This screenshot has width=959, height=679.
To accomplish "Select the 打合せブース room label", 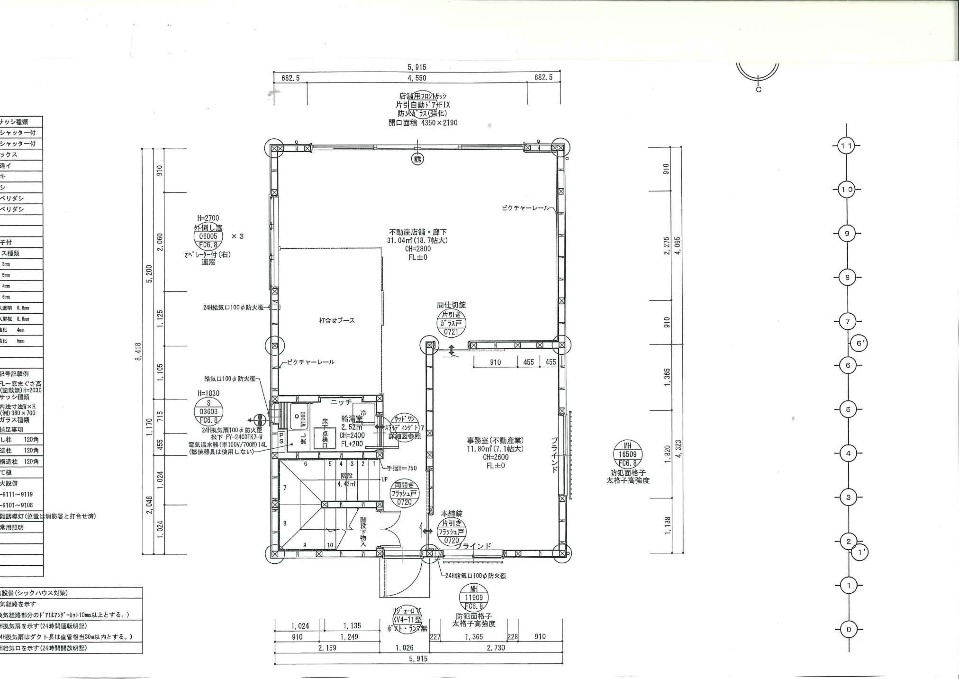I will pyautogui.click(x=337, y=321).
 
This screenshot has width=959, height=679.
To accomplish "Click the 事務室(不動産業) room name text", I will pyautogui.click(x=496, y=440).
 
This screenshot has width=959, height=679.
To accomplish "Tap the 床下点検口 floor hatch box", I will pyautogui.click(x=325, y=434).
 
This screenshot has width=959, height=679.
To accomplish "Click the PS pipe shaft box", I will pyautogui.click(x=281, y=439).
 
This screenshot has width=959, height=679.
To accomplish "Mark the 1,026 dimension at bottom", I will pyautogui.click(x=404, y=648).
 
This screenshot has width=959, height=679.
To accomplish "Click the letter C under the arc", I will pyautogui.click(x=758, y=89).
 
